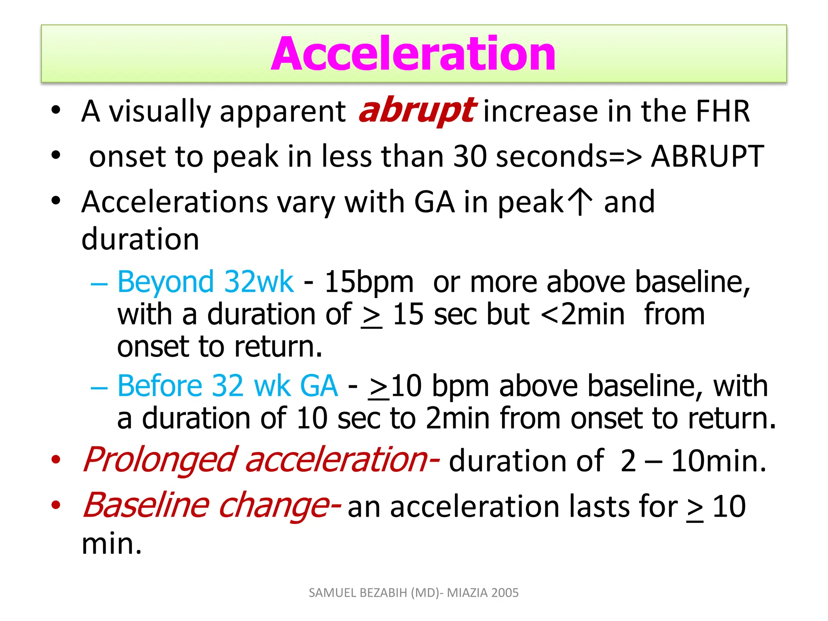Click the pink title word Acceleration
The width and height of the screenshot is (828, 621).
click(x=413, y=54)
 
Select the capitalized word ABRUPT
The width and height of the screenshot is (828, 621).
click(x=707, y=156)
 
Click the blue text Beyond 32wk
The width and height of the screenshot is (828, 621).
click(x=205, y=282)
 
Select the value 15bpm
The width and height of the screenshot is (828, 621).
click(x=369, y=282)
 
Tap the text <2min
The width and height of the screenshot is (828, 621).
click(x=582, y=314)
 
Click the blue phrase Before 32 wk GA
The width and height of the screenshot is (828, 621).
click(x=228, y=386)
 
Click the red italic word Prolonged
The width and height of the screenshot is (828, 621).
click(x=160, y=460)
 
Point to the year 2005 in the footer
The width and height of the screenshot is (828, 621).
click(x=505, y=593)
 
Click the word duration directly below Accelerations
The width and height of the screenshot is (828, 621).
click(x=140, y=239)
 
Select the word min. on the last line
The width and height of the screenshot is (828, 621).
click(x=112, y=544)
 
